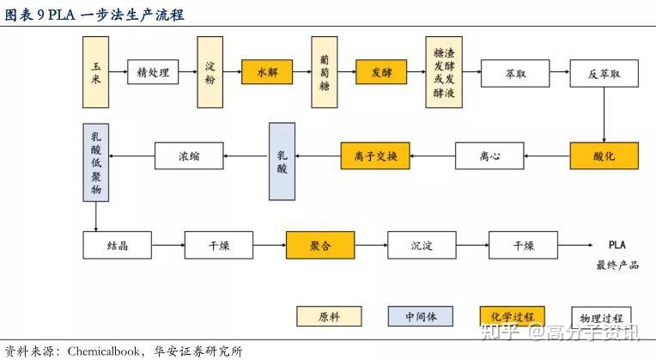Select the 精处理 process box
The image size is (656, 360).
[153, 73]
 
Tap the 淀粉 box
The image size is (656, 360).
[210, 72]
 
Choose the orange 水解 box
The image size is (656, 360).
[267, 73]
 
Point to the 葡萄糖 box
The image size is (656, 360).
[324, 72]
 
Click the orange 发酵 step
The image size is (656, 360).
[381, 73]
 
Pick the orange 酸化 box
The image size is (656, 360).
[604, 156]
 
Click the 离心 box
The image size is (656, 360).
[489, 156]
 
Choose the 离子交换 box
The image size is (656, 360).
[375, 156]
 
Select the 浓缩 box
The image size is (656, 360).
[189, 156]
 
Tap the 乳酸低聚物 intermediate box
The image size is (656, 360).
[95, 162]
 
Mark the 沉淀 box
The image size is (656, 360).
[422, 246]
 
